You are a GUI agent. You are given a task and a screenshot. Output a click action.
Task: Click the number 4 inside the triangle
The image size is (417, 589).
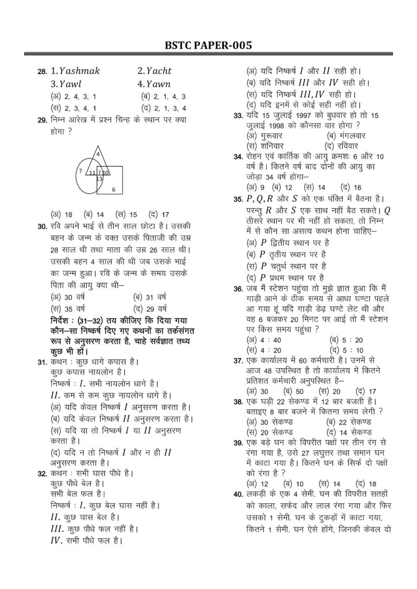(98, 154)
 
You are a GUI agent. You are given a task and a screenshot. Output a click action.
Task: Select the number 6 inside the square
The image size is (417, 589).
(113, 189)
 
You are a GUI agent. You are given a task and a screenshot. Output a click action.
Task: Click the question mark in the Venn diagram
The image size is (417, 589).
(99, 173)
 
